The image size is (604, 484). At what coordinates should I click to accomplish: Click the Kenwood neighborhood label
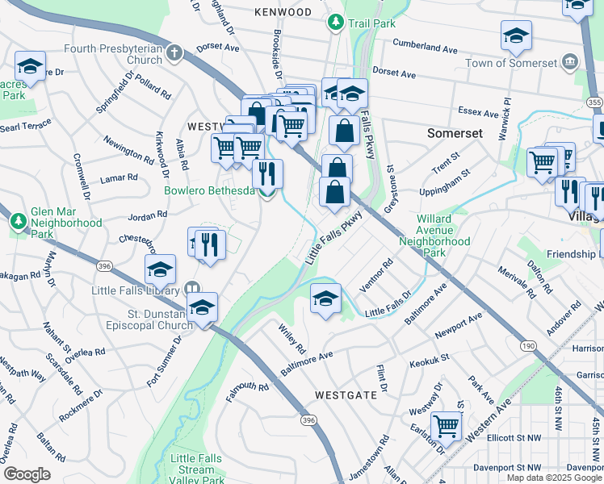pyautogui.click(x=282, y=12)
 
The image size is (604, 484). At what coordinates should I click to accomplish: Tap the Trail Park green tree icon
pyautogui.click(x=336, y=23)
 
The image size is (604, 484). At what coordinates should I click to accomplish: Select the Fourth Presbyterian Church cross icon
pyautogui.click(x=174, y=53)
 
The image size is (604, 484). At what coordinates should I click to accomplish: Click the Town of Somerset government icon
pyautogui.click(x=570, y=62)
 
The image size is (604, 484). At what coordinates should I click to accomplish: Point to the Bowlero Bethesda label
pyautogui.click(x=209, y=191)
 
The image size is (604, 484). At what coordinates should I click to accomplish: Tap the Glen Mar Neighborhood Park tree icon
pyautogui.click(x=18, y=219)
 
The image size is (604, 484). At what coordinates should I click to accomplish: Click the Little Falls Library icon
pyautogui.click(x=191, y=287)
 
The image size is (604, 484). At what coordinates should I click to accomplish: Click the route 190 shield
pyautogui.click(x=528, y=345)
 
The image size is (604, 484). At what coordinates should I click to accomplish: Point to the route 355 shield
pyautogui.click(x=594, y=102)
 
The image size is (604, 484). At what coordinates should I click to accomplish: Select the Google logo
pyautogui.click(x=27, y=474)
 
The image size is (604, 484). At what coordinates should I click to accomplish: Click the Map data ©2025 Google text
pyautogui.click(x=554, y=478)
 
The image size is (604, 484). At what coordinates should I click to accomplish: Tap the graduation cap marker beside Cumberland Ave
pyautogui.click(x=516, y=35)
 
